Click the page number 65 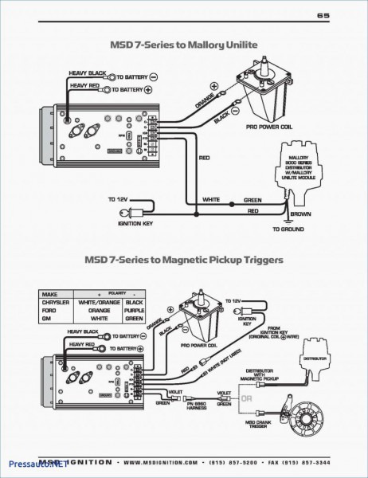tap(323, 15)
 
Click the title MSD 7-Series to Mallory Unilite tap(184, 46)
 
